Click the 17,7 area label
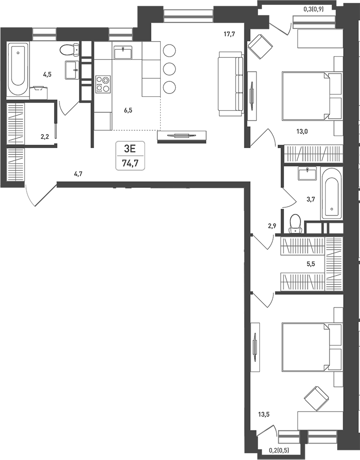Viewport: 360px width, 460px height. coord(229,34)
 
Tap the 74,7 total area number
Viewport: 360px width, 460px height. coord(130,163)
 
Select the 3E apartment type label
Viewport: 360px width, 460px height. coord(130,149)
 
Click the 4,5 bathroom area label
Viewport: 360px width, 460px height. coord(47,75)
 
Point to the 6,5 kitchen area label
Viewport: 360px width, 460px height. coord(128,110)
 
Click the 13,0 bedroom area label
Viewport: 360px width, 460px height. coord(302,131)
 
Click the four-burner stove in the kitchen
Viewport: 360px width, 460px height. coord(103,84)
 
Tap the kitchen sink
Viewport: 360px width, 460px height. coord(123,52)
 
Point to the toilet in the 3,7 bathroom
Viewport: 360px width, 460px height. coord(295,224)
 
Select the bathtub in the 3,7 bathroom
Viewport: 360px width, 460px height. coord(331,193)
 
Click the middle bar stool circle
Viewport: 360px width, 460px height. coord(169,69)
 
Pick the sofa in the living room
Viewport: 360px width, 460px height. coord(231,83)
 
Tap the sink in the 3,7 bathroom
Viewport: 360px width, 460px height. coord(308,173)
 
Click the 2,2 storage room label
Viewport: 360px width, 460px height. coord(45,137)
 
